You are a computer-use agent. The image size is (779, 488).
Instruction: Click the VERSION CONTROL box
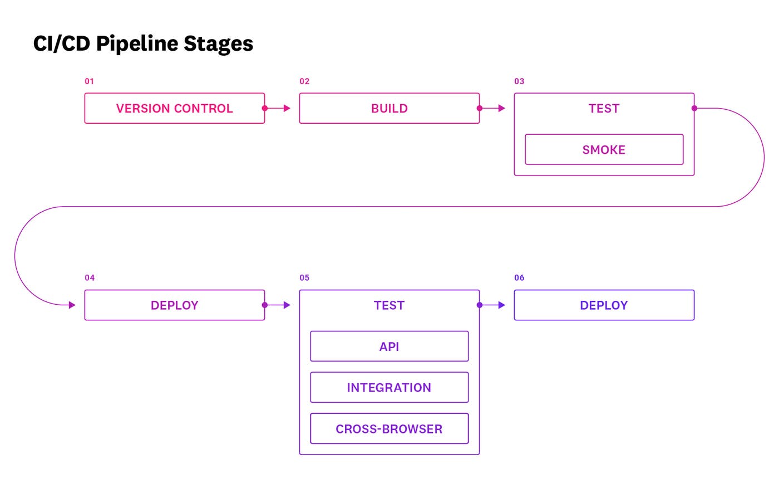174,108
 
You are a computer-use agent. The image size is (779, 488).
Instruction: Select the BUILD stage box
389,108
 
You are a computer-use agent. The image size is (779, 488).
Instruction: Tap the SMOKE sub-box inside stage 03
604,149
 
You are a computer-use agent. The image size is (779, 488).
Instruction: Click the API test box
389,347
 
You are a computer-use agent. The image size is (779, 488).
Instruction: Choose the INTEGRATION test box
389,388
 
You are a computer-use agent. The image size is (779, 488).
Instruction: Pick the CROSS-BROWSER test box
389,428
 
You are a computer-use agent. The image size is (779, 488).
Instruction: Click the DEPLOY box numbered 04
174,305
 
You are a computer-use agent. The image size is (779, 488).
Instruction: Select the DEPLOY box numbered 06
604,305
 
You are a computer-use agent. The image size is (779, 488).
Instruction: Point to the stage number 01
89,81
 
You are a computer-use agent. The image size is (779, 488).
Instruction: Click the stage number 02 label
304,81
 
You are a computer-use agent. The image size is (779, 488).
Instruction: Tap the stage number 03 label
519,81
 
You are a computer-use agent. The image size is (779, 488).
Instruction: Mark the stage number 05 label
304,278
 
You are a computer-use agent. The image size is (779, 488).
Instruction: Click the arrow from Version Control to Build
278,108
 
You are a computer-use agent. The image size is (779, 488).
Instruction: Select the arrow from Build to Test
492,108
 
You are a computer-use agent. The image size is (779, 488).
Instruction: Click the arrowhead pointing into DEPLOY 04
72,305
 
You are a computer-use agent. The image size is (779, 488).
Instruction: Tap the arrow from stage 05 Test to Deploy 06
492,305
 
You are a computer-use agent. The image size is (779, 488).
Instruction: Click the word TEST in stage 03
604,109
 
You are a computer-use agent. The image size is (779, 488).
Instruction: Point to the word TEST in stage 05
389,305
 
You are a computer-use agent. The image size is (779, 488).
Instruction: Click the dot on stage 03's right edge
694,108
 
